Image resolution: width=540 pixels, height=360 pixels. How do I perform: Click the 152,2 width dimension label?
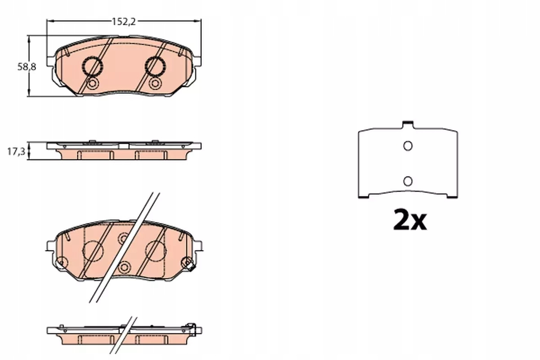[124, 22]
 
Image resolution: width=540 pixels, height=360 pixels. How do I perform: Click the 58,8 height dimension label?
[27, 67]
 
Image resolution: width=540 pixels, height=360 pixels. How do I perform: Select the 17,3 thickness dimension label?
[16, 152]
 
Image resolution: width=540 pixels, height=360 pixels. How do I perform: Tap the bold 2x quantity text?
[410, 220]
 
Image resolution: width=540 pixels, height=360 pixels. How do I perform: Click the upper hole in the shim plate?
[408, 146]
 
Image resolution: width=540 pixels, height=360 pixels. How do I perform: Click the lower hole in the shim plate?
[408, 181]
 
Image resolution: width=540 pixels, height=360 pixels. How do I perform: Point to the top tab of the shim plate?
[408, 124]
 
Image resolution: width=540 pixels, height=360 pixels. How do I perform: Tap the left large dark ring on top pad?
[93, 66]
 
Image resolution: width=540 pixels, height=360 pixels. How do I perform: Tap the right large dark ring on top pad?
[156, 66]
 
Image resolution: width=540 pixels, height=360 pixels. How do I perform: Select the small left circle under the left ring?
[93, 84]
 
